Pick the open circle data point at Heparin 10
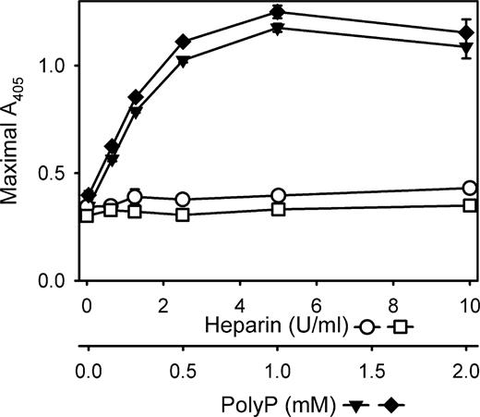(x=469, y=189)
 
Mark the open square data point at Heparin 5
(x=317, y=209)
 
